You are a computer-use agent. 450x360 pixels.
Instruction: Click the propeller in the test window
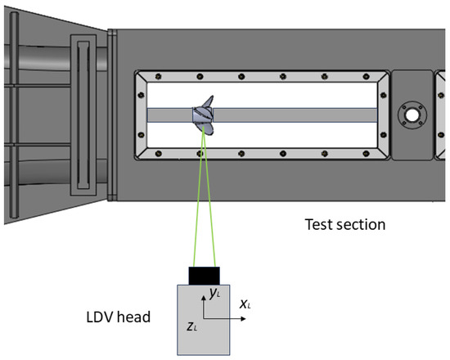click(203, 115)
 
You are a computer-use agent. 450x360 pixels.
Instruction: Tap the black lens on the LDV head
click(204, 276)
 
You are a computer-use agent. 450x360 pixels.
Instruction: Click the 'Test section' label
click(345, 224)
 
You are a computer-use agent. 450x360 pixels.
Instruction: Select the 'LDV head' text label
click(119, 317)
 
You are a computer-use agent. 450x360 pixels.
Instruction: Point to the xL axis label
click(245, 304)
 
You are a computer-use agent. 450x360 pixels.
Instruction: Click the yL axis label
click(215, 293)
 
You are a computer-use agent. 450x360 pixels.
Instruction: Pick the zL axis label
click(191, 326)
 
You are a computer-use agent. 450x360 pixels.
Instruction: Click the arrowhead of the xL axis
click(244, 318)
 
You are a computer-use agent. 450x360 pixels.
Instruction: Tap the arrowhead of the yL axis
click(204, 299)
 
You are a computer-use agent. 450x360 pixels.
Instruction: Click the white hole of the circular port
click(412, 115)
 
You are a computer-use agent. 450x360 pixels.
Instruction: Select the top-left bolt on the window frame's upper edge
click(158, 76)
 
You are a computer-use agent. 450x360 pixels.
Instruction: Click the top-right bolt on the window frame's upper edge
click(367, 76)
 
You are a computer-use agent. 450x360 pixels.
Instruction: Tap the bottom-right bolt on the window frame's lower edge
click(367, 154)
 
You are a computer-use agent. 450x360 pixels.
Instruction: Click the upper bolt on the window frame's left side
click(141, 95)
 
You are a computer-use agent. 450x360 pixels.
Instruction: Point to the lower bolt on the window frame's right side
click(383, 135)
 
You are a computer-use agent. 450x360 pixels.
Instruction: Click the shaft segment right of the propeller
click(295, 115)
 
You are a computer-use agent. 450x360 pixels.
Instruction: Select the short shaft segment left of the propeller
click(169, 115)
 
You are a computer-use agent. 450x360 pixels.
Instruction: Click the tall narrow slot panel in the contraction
click(83, 115)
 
